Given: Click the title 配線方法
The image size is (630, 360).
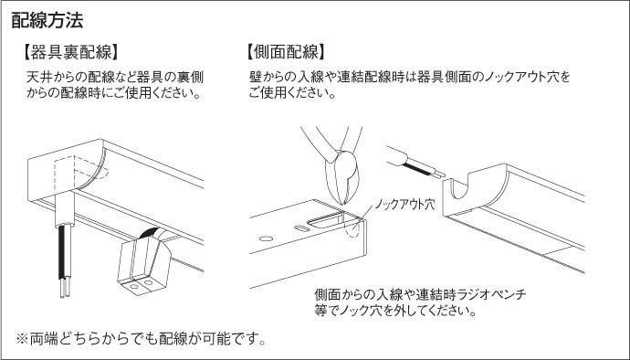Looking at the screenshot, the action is (x=47, y=20).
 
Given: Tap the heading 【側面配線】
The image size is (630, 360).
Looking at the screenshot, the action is (x=286, y=52).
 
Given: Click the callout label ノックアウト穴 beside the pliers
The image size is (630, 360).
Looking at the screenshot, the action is (x=404, y=205).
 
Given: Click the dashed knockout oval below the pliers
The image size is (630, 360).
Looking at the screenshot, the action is (x=352, y=229).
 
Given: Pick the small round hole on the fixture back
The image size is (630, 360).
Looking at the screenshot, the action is (x=266, y=238).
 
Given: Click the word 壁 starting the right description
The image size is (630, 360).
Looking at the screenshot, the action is (x=256, y=77).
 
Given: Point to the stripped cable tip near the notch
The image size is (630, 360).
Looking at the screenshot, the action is (x=438, y=174).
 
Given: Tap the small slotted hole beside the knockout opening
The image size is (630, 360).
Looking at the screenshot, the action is (x=301, y=228).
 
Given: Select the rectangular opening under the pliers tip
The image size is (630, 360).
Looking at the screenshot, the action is (x=326, y=220).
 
